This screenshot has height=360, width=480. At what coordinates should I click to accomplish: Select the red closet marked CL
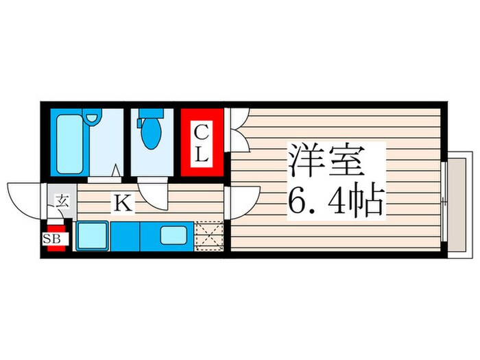pyautogui.click(x=202, y=143)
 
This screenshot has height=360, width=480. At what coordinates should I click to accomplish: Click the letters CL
pyautogui.click(x=201, y=143)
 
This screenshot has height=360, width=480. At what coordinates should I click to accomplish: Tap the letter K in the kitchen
pyautogui.click(x=123, y=202)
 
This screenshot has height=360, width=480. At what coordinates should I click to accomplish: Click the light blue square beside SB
pyautogui.click(x=90, y=237)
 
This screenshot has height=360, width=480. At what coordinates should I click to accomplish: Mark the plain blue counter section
pyautogui.click(x=125, y=237)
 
